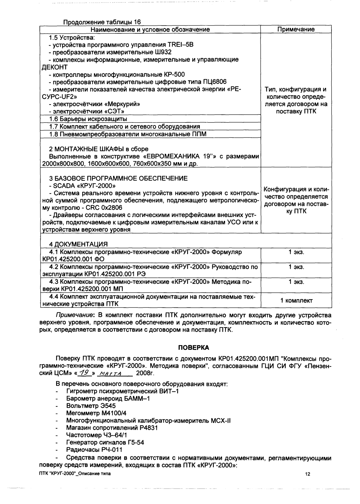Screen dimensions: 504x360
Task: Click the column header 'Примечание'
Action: [x=296, y=29]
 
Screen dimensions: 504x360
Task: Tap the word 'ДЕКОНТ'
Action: [x=55, y=67]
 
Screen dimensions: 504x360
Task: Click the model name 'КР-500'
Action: [x=175, y=75]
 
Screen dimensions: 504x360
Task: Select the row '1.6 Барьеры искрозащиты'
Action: [x=88, y=119]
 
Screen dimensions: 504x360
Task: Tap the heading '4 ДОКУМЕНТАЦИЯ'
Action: [x=78, y=244]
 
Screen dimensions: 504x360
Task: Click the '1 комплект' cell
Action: [x=296, y=301]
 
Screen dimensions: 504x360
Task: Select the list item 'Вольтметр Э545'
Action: [x=91, y=406]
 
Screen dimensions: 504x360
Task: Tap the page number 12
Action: [x=308, y=475]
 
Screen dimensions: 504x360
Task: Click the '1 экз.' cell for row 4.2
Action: [x=296, y=267]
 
